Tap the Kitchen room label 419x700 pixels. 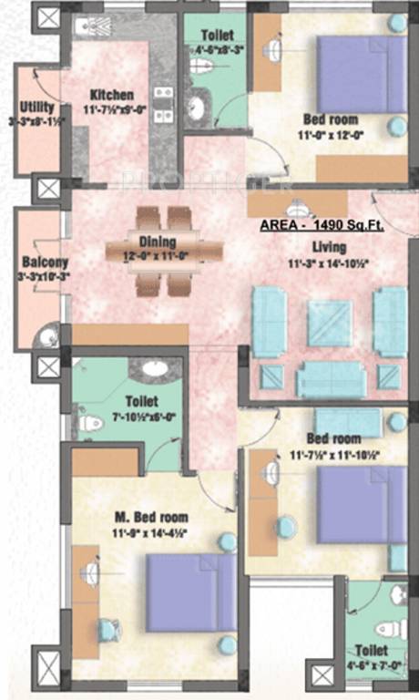click(x=111, y=95)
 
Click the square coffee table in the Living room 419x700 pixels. click(x=329, y=323)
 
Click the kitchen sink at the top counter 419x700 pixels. click(x=94, y=26)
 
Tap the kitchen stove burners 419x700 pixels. click(x=163, y=104)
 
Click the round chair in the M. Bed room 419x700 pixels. click(x=108, y=629)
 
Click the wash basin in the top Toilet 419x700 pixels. click(x=197, y=108)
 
